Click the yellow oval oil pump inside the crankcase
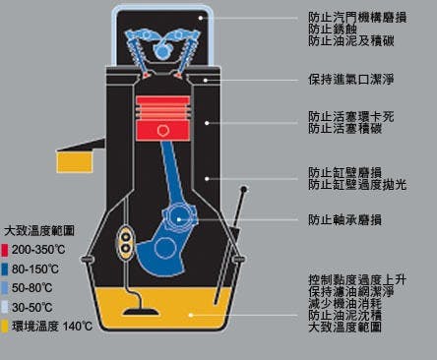(126, 242)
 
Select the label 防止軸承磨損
(345, 219)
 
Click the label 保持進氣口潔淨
(352, 79)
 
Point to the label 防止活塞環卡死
(351, 115)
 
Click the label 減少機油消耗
(345, 304)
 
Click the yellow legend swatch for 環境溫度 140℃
(6, 326)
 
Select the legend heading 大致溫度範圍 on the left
(39, 232)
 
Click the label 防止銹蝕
(333, 30)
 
